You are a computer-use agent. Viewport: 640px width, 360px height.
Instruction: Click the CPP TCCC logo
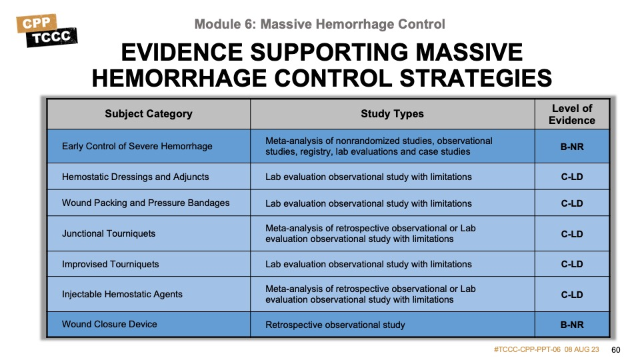coord(47,31)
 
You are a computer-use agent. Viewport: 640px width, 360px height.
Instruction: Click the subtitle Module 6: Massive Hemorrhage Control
coord(319,24)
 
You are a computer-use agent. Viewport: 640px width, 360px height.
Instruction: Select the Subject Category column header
coord(149,114)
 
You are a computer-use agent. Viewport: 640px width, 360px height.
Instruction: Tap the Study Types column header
coord(392,114)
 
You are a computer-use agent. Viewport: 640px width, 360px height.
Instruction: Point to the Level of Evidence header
coord(572,114)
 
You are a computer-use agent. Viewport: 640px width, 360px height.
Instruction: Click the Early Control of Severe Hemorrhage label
coord(137,146)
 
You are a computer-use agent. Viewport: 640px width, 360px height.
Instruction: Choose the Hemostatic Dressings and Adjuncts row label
coord(135,177)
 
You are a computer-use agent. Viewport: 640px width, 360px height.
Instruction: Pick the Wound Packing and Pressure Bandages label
coord(146,203)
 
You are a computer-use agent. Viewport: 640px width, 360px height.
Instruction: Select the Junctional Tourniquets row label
coord(109,233)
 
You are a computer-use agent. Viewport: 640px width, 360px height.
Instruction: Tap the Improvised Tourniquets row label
coord(110,264)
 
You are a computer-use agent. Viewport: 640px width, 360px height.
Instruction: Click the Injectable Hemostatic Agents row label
coord(122,294)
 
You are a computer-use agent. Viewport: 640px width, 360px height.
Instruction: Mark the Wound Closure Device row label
coord(109,324)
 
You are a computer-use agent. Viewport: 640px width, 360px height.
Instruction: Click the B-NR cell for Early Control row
coord(572,147)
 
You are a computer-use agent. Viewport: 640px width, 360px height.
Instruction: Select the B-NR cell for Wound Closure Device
coord(572,325)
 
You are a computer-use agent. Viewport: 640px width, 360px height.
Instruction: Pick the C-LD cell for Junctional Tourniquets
coord(572,234)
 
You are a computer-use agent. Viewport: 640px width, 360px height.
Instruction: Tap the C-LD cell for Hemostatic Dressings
coord(572,177)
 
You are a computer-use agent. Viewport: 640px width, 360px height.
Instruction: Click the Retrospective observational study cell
coord(335,325)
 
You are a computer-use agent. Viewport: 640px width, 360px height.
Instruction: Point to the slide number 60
coord(615,350)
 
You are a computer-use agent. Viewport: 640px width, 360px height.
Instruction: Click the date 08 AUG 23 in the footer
coord(581,349)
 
